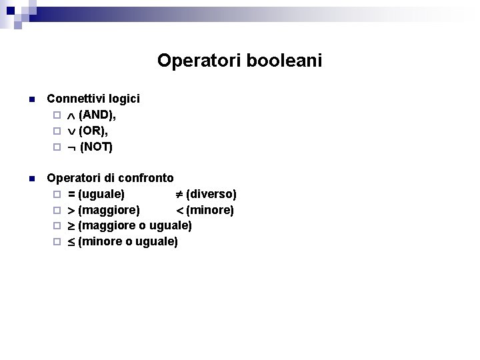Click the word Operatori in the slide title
tap(200, 61)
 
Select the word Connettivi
tap(76, 99)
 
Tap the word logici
tap(123, 99)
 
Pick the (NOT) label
tap(97, 147)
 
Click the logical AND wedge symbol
tap(72, 115)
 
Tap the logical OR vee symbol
tap(72, 131)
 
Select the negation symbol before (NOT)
tap(72, 147)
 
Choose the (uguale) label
tap(101, 195)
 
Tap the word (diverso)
tap(211, 195)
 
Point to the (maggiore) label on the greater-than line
tap(109, 211)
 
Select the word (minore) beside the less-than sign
tap(210, 211)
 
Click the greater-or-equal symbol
tap(71, 226)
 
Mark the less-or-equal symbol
tap(71, 242)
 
